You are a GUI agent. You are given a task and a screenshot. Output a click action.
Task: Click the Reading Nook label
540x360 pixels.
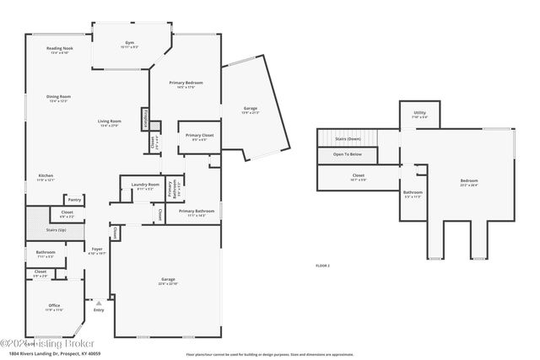point(59,50)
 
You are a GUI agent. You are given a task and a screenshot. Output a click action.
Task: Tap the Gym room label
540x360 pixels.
point(130,43)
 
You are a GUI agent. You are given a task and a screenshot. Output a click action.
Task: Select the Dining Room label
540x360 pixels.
point(58,98)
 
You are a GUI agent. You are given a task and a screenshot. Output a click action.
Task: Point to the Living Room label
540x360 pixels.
point(111,123)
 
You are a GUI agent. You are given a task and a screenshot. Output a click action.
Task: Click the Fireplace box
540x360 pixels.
point(146,119)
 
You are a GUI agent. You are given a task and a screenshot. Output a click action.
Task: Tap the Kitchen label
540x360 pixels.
point(46,176)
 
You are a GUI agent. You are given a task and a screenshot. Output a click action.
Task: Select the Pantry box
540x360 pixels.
point(75,200)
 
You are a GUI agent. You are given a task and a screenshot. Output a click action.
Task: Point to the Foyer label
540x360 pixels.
point(97,250)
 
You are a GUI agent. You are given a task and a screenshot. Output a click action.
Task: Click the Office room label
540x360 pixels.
point(54,307)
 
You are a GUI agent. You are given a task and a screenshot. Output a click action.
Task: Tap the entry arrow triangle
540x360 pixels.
point(99,301)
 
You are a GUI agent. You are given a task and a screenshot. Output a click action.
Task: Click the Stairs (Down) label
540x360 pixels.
point(348,139)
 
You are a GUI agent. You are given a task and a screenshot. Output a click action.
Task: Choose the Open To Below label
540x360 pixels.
point(348,155)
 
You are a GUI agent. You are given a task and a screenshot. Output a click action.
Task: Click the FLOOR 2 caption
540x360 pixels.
point(322,266)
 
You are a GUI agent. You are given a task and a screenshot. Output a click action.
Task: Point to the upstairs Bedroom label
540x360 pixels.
point(468,182)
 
